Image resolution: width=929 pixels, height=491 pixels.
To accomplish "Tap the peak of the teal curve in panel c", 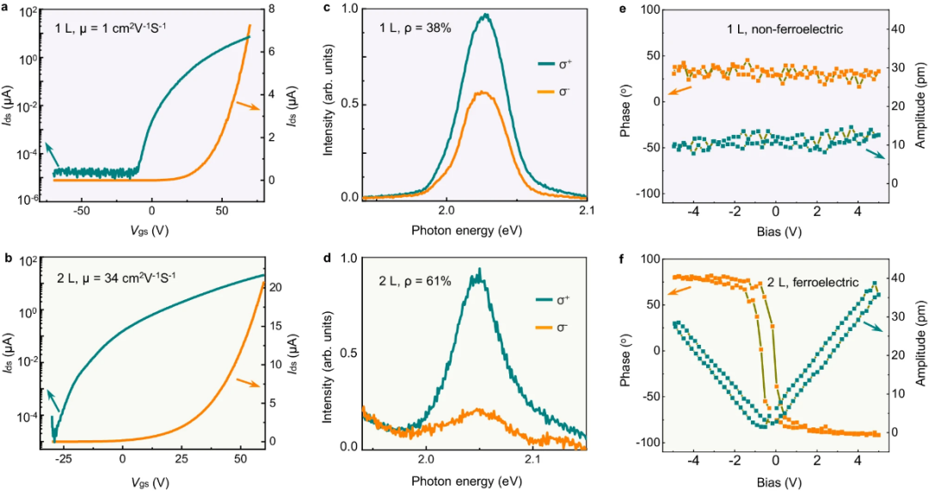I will [486, 15].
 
